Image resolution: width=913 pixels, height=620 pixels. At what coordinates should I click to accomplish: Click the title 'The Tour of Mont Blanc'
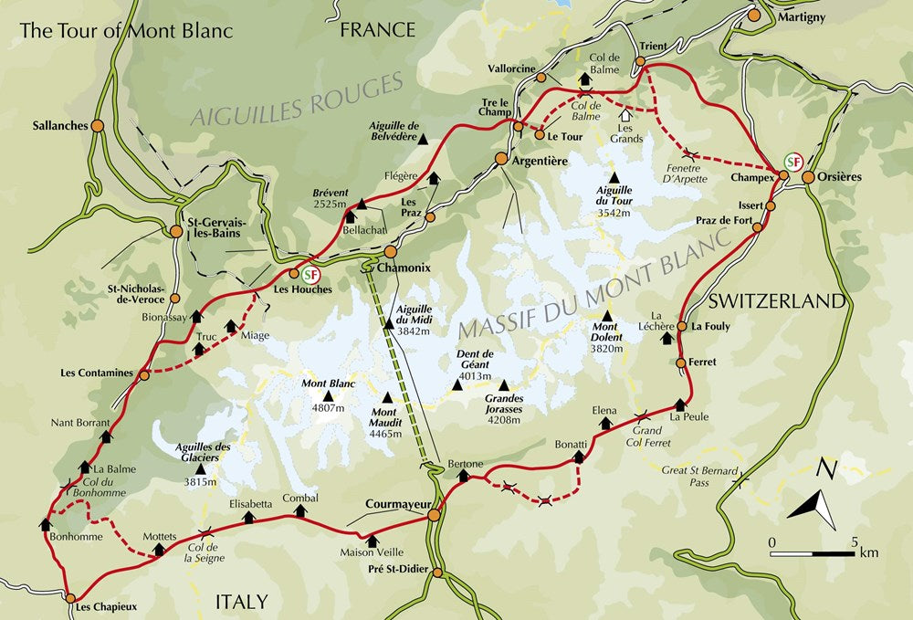pyautogui.click(x=127, y=30)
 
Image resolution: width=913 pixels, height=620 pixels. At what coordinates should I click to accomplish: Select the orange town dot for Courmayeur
pyautogui.click(x=434, y=516)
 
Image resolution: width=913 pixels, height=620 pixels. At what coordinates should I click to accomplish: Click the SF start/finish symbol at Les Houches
pyautogui.click(x=310, y=272)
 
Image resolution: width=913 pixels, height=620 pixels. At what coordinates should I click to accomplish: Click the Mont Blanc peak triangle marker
pyautogui.click(x=328, y=396)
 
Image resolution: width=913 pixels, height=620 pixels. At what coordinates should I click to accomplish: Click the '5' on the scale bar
pyautogui.click(x=855, y=542)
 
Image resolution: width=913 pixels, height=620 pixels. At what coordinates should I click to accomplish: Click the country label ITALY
pyautogui.click(x=241, y=601)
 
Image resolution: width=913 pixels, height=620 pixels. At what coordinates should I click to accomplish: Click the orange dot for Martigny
pyautogui.click(x=754, y=16)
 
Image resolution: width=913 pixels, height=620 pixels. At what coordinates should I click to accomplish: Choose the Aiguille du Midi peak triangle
pyautogui.click(x=390, y=322)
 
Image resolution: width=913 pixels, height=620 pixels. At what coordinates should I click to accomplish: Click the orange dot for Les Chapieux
pyautogui.click(x=71, y=598)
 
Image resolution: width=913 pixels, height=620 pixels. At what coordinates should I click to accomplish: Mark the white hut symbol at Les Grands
pyautogui.click(x=625, y=115)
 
